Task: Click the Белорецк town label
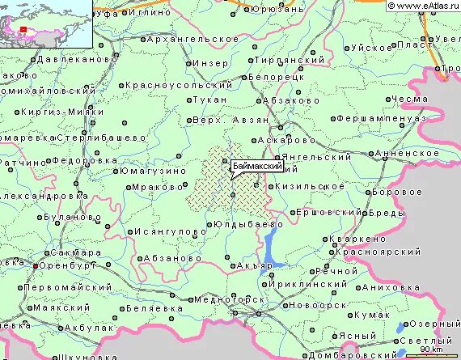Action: (x=281, y=75)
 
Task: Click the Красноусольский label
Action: (x=181, y=85)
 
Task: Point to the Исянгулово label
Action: (x=171, y=231)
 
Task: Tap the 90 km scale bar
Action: (x=430, y=352)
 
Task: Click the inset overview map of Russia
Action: (x=46, y=23)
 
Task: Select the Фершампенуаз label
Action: (x=379, y=118)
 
